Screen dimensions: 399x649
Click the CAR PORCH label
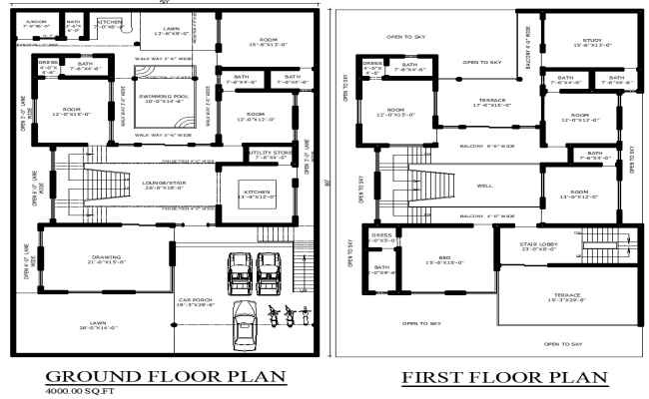[x=198, y=299]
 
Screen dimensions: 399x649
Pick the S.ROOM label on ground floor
[x=36, y=20]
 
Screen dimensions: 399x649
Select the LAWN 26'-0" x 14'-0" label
[x=98, y=325]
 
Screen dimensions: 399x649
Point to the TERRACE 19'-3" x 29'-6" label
[x=558, y=297]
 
